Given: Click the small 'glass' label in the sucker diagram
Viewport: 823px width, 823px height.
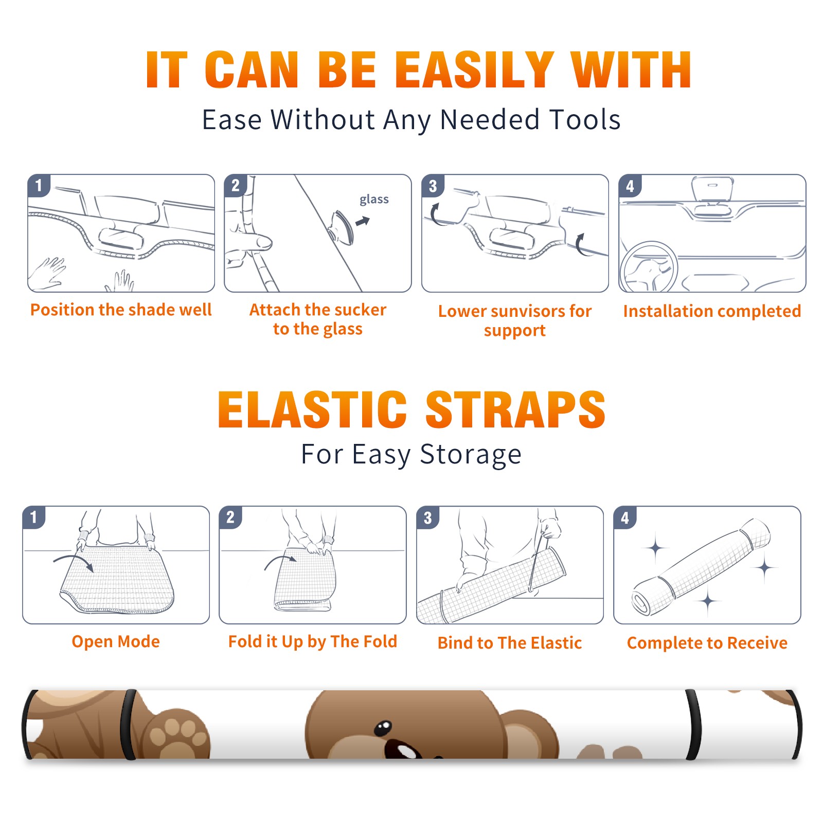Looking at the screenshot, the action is (374, 200).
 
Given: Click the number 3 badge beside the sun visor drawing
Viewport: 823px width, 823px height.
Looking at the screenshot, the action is (433, 186).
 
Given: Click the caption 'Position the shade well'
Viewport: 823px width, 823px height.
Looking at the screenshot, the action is (121, 310).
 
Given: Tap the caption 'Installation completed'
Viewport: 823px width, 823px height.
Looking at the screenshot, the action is (712, 311).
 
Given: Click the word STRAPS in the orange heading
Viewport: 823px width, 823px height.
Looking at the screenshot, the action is (515, 409).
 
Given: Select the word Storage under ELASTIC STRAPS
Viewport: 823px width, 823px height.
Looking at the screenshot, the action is (471, 455).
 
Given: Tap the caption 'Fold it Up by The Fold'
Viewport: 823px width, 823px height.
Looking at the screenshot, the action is (313, 642).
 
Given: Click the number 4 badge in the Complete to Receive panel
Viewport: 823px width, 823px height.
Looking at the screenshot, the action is (624, 517).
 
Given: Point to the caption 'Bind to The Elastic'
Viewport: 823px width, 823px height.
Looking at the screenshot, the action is (510, 643).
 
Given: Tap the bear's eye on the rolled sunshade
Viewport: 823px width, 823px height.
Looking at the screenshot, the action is (383, 728).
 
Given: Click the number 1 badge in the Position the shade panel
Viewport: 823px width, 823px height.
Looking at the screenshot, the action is (39, 185).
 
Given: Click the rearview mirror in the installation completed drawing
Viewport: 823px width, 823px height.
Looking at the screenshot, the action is (712, 189).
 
